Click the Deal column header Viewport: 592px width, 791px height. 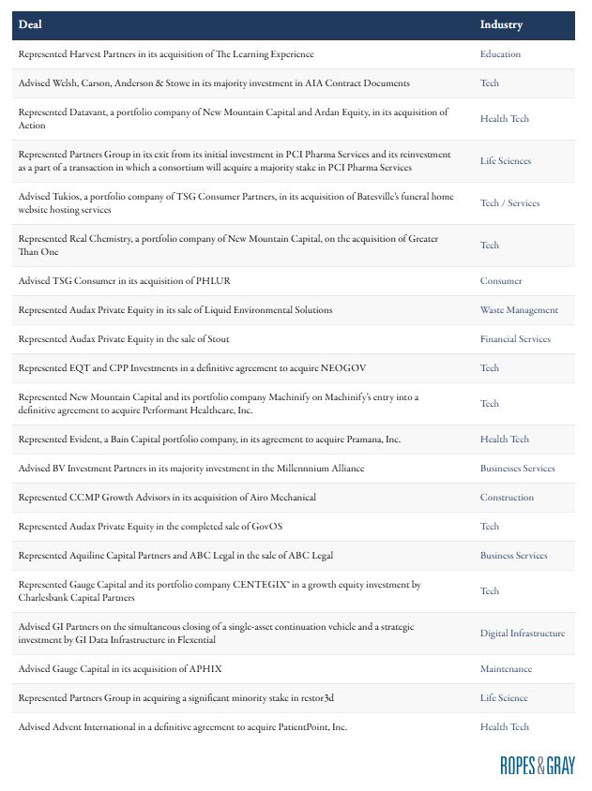(x=30, y=24)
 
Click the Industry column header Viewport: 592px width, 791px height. (x=501, y=24)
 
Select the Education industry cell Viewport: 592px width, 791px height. (x=500, y=54)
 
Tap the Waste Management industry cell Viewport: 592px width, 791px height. (x=519, y=310)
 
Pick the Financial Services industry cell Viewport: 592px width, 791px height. (x=515, y=339)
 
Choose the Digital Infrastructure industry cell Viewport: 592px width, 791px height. (x=523, y=634)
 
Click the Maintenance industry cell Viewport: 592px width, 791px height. (x=506, y=669)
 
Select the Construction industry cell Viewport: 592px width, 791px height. (x=507, y=498)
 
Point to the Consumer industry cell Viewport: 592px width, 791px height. (x=501, y=281)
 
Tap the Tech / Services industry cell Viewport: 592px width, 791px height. (x=509, y=203)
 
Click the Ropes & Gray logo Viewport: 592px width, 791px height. (x=537, y=765)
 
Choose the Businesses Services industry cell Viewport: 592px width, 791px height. (x=517, y=469)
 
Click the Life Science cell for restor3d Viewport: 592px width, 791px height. (x=504, y=698)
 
